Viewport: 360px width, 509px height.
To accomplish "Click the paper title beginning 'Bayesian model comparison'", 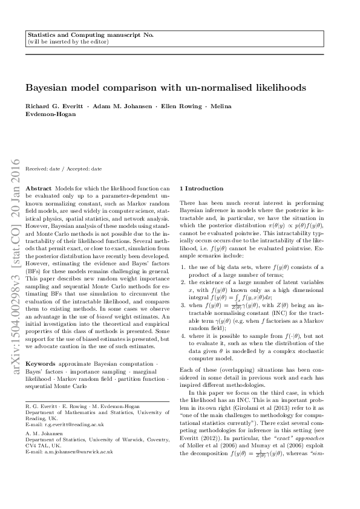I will tap(165, 88).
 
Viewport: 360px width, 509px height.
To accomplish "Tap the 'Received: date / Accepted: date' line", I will tap(64, 169).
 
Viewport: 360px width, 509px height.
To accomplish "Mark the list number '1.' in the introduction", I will tap(183, 267).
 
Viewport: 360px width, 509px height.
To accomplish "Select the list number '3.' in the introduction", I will tap(183, 306).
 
